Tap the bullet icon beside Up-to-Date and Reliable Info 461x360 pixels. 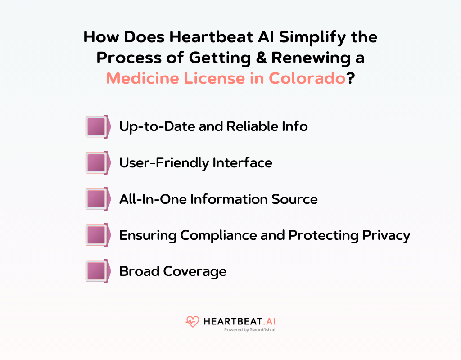point(98,126)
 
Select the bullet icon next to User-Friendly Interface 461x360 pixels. point(98,162)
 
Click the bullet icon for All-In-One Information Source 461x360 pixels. point(98,199)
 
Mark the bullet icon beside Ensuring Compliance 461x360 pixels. point(98,235)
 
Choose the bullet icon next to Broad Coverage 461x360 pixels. point(98,271)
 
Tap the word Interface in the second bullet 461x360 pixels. point(244,162)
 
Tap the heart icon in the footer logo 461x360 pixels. point(192,322)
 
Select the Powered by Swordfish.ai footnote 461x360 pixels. point(250,330)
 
